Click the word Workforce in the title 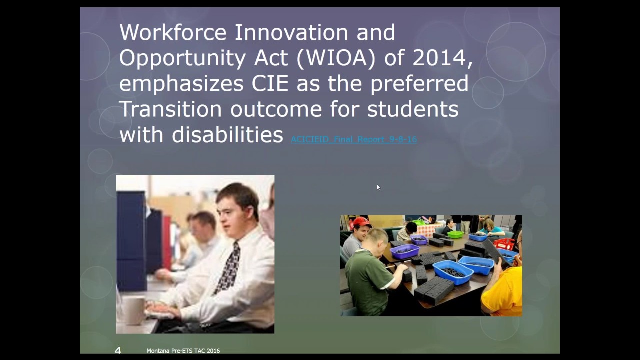pyautogui.click(x=173, y=33)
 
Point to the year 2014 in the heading pyautogui.click(x=441, y=58)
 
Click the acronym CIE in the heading pyautogui.click(x=270, y=84)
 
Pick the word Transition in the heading pyautogui.click(x=170, y=109)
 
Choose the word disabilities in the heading pyautogui.click(x=228, y=135)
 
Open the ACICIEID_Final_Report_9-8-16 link pyautogui.click(x=354, y=139)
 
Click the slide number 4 pyautogui.click(x=118, y=351)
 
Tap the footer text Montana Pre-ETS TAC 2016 pyautogui.click(x=183, y=351)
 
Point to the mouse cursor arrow pyautogui.click(x=378, y=187)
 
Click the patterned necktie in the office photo pyautogui.click(x=229, y=267)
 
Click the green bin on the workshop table pyautogui.click(x=455, y=234)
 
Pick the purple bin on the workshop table pyautogui.click(x=404, y=251)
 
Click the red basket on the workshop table pyautogui.click(x=504, y=244)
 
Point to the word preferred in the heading pyautogui.click(x=419, y=84)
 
